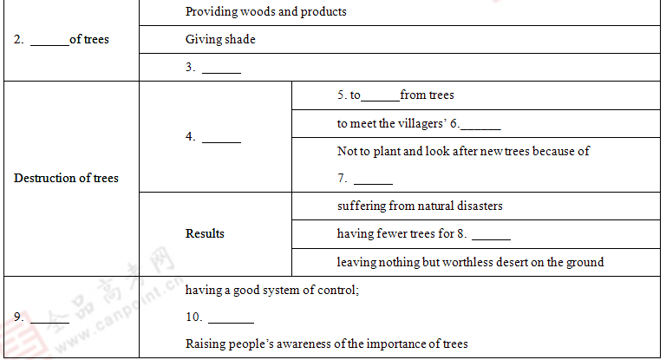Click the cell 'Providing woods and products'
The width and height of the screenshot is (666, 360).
click(265, 12)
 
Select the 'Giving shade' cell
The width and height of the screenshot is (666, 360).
click(220, 39)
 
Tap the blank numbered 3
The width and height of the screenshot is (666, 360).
click(221, 68)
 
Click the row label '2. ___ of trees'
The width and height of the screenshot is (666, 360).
click(61, 39)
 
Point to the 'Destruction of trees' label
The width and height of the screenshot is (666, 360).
click(66, 178)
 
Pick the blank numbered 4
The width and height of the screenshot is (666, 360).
click(221, 137)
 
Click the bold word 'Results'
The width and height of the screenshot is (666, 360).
click(205, 233)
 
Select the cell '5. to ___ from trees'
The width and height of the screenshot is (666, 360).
click(395, 95)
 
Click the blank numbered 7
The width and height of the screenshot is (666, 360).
click(373, 180)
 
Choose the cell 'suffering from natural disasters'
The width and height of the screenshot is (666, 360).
click(420, 206)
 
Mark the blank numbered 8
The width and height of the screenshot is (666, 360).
click(491, 234)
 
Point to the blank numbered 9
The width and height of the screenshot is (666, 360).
click(49, 317)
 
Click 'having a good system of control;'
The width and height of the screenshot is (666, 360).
click(272, 290)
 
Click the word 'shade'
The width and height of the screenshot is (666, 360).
click(239, 39)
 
